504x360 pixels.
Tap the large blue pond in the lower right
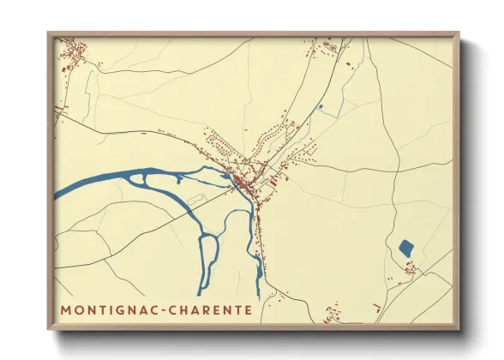click(x=406, y=249)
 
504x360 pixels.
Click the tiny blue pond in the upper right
click(x=321, y=107)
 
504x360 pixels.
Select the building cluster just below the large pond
click(x=412, y=269)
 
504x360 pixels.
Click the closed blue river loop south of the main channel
click(x=208, y=257)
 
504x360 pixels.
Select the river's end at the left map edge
click(x=57, y=195)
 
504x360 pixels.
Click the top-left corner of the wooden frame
click(x=49, y=33)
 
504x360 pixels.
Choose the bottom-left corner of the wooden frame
click(x=49, y=329)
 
